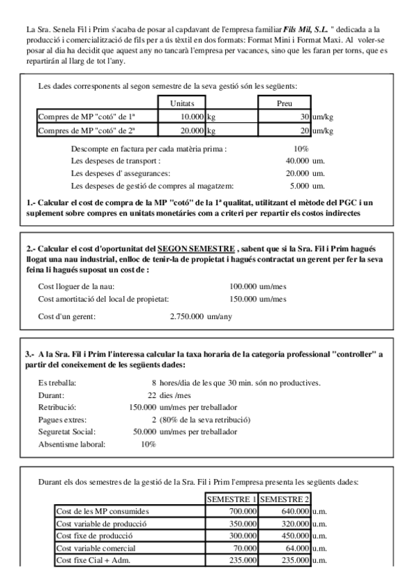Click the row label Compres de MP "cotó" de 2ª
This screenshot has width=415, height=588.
pyautogui.click(x=87, y=130)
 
